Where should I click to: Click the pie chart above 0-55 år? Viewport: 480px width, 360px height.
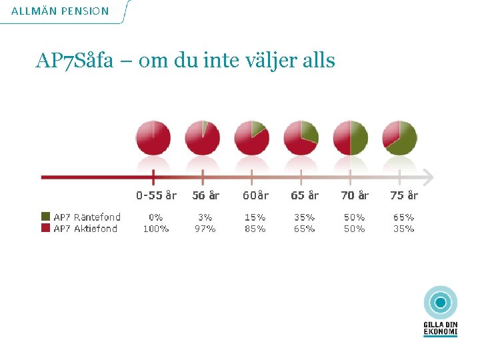click(x=153, y=137)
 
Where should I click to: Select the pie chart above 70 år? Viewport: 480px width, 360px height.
click(x=350, y=137)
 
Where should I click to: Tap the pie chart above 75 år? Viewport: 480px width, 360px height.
click(x=399, y=137)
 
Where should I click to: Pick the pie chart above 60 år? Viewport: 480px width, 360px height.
click(x=252, y=137)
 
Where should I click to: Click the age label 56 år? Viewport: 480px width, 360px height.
click(x=205, y=195)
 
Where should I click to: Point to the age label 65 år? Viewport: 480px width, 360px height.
click(x=305, y=195)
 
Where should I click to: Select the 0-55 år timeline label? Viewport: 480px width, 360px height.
click(x=156, y=195)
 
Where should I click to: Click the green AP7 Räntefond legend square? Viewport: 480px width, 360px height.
click(x=45, y=217)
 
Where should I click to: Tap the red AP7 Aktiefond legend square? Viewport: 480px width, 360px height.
click(x=45, y=228)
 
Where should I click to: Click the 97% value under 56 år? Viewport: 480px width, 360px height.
click(x=205, y=229)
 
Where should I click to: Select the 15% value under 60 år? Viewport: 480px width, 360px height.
click(x=255, y=217)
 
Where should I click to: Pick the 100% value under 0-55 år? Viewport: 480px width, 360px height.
click(x=156, y=229)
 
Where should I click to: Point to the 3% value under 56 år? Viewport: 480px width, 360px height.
click(x=205, y=217)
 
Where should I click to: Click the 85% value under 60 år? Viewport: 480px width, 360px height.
click(x=255, y=229)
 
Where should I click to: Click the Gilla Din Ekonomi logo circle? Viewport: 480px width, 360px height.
click(x=440, y=303)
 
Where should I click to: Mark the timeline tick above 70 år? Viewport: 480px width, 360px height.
click(x=351, y=177)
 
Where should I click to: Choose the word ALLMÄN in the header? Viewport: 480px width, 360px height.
click(x=33, y=11)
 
